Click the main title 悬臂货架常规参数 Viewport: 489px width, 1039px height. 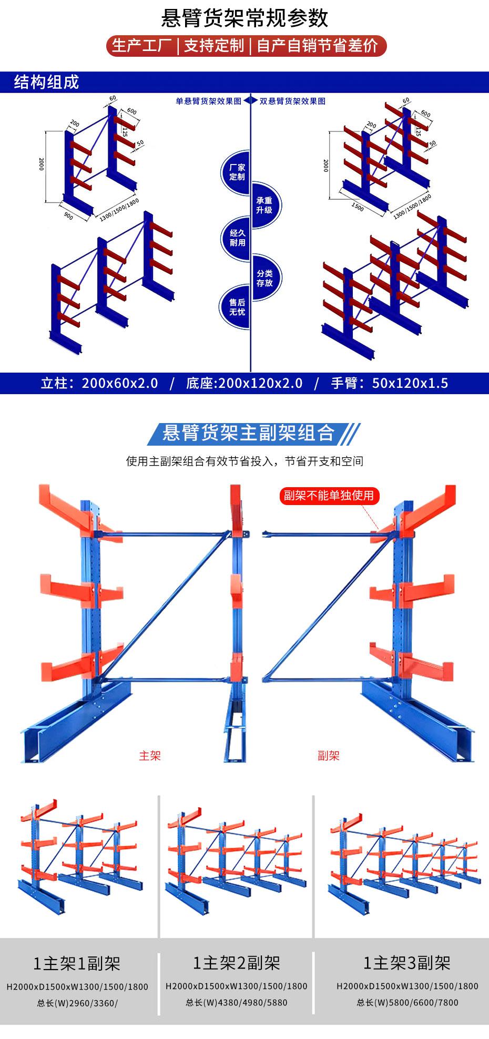(244, 18)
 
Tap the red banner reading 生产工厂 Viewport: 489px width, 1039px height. (142, 46)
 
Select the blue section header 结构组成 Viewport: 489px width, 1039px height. (46, 83)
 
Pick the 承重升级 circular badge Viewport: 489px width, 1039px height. (264, 205)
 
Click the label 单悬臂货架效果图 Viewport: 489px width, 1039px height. (208, 101)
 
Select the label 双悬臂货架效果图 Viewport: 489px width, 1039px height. (292, 101)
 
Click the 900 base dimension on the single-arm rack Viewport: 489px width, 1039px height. (68, 215)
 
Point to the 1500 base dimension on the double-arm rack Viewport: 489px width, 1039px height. (357, 207)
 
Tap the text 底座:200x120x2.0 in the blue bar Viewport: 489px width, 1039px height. (244, 383)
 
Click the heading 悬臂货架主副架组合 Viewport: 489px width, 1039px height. (249, 433)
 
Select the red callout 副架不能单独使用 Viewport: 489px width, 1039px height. (329, 495)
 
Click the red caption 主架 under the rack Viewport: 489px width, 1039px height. (150, 756)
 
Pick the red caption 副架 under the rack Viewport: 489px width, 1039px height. (329, 756)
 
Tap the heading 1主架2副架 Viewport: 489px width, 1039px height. (236, 963)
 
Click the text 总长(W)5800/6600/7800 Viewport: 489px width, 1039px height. (407, 1002)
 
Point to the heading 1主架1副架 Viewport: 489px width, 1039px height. (77, 963)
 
